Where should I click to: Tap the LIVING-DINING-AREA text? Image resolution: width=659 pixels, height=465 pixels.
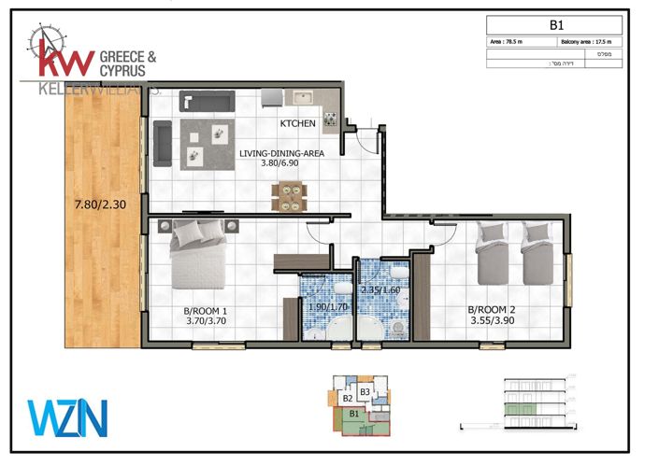(282, 153)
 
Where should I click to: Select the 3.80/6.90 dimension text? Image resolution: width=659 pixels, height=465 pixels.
(282, 164)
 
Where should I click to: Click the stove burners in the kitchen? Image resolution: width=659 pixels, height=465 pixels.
(330, 119)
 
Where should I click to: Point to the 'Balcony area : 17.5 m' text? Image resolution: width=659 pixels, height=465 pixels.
(591, 43)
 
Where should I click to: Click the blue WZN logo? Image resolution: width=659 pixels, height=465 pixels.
(68, 417)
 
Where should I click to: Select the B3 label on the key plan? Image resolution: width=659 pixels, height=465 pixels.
(365, 391)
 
